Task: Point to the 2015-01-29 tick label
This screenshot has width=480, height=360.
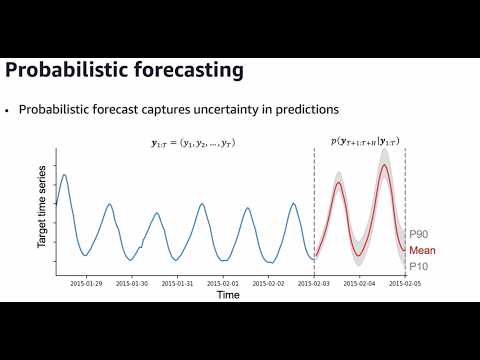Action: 86,283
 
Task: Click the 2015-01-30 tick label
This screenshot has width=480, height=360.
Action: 132,283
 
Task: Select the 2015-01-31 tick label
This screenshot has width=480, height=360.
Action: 177,283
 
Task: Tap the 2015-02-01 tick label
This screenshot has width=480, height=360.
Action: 223,283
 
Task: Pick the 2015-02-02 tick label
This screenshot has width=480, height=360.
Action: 268,283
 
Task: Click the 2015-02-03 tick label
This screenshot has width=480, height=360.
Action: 314,283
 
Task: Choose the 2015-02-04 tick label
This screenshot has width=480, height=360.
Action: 360,283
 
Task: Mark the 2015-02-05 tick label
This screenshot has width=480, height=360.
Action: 403,283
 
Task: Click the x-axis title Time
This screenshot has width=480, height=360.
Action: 228,295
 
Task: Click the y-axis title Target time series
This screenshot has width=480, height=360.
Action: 44,211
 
